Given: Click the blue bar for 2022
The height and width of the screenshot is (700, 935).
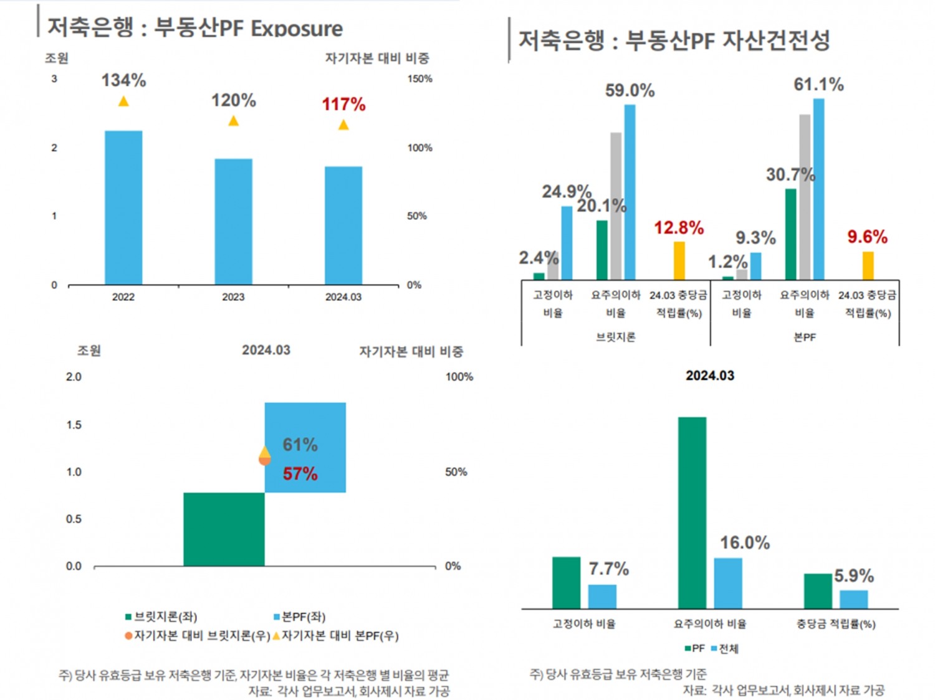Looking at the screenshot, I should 123,207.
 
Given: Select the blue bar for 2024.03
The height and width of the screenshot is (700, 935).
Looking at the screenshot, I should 343,225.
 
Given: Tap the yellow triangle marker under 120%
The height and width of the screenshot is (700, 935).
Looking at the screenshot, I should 234,121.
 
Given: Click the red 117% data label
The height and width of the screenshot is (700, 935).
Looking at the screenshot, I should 343,104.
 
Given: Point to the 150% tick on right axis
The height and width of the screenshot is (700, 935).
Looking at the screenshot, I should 420,79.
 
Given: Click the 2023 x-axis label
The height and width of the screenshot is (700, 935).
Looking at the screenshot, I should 233,297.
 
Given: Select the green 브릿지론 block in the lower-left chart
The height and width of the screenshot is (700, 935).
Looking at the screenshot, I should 224,529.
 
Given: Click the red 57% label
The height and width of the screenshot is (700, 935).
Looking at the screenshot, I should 300,474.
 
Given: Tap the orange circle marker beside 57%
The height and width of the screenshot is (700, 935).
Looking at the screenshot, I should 264,460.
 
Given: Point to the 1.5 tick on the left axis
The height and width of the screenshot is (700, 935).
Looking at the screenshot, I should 74,425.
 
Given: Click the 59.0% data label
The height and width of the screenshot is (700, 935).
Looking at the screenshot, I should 630,91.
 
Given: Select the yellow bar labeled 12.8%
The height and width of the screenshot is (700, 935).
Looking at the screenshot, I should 679,260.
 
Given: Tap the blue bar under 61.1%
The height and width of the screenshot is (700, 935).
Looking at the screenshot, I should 818,189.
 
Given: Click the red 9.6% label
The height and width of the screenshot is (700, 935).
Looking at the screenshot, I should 867,237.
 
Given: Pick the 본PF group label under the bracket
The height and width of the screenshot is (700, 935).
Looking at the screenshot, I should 804,337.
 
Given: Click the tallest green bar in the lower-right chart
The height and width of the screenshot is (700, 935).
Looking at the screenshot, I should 692,513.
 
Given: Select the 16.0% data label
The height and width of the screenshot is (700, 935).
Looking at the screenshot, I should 745,543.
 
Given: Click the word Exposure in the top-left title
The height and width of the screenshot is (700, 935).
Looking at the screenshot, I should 297,29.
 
